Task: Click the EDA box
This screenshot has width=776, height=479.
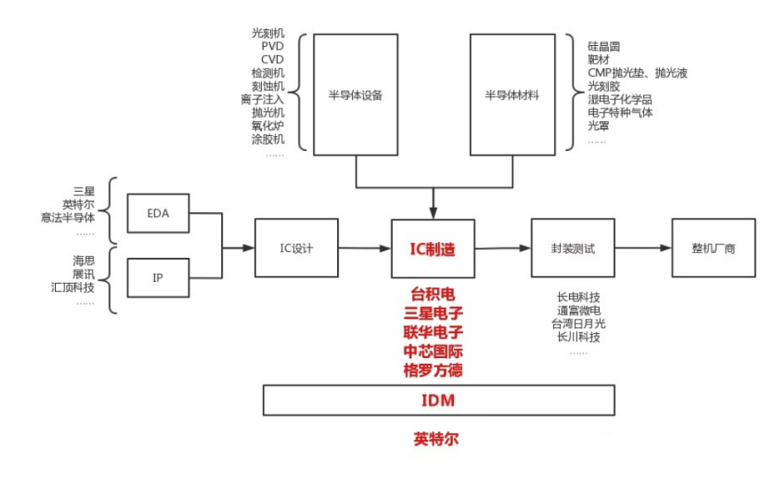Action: coord(159,214)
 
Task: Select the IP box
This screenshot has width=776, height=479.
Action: coord(159,278)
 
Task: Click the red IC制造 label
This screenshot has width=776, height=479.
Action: coord(433,249)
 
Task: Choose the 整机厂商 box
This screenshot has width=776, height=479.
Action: coord(713,248)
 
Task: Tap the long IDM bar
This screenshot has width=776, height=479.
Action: coord(436,400)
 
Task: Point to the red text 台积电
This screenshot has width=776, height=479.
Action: coord(434,293)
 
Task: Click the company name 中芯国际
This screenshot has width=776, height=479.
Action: coord(434,351)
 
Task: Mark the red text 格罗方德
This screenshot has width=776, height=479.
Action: coord(434,370)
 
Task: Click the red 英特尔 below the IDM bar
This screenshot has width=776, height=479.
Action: coord(436,437)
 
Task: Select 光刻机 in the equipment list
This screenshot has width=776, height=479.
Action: coord(268,34)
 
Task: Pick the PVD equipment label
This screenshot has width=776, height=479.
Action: coord(273,47)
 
